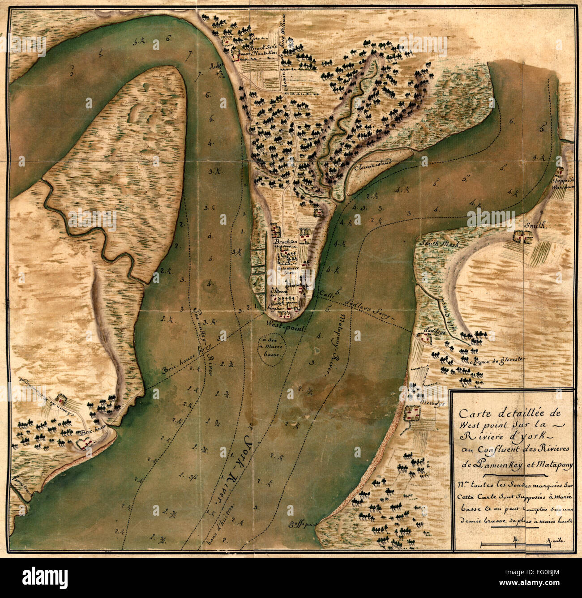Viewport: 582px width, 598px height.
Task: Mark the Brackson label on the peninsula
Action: tap(287, 242)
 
